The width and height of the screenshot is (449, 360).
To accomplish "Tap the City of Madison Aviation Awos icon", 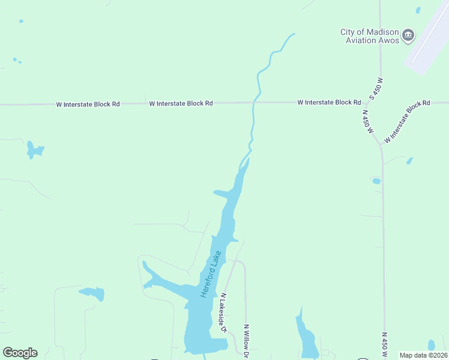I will click(x=408, y=35).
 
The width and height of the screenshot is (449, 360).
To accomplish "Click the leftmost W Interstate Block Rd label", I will click(x=88, y=104).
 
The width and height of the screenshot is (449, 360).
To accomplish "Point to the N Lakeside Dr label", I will click(x=223, y=312).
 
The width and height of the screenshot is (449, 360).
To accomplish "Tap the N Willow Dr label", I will click(x=246, y=341).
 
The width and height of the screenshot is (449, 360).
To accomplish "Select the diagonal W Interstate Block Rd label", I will click(x=408, y=121).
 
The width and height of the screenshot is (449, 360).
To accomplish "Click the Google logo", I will click(x=20, y=353).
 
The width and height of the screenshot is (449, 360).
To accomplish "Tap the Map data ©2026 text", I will click(x=424, y=355).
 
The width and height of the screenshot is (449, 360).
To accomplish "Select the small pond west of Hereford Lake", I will click(x=92, y=293).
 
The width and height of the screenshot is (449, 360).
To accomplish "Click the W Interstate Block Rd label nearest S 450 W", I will click(x=328, y=103).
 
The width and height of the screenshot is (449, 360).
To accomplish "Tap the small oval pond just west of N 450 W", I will click(x=376, y=181).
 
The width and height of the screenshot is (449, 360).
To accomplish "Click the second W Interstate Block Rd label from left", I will click(x=181, y=103).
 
